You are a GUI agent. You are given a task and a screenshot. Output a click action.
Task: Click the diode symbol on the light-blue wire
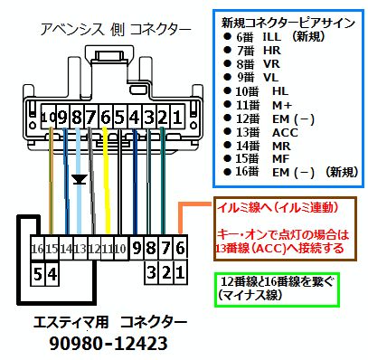coord(80,180)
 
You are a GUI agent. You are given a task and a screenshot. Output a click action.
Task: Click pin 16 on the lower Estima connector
coord(37,248)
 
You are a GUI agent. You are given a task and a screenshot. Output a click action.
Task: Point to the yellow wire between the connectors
coord(107,181)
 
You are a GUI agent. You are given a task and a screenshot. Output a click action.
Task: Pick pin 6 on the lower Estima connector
coord(178,247)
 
